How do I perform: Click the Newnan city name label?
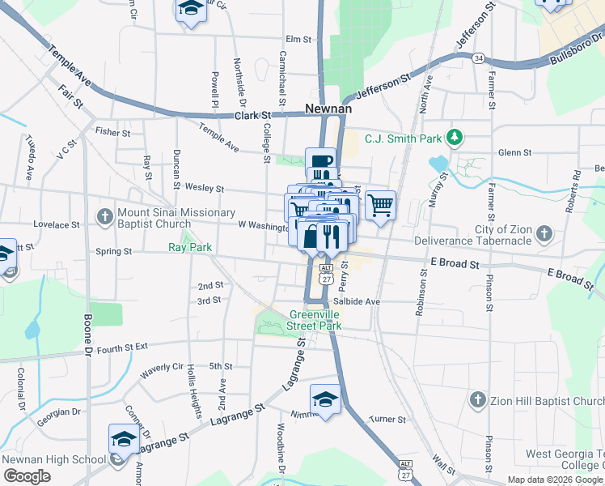tap(327, 108)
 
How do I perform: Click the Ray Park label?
tap(189, 247)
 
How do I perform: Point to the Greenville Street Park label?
tap(315, 321)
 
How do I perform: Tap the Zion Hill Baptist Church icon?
tap(477, 400)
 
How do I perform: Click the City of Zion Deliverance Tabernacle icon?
tap(544, 235)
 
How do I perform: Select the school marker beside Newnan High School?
tap(124, 440)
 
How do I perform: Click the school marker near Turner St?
tap(325, 399)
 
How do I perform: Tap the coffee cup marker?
tap(320, 162)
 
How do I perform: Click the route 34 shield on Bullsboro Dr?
tap(480, 58)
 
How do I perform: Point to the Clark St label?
tap(251, 116)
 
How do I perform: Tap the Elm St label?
tap(298, 39)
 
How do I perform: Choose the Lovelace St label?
tap(54, 224)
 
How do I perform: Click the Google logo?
tap(27, 475)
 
